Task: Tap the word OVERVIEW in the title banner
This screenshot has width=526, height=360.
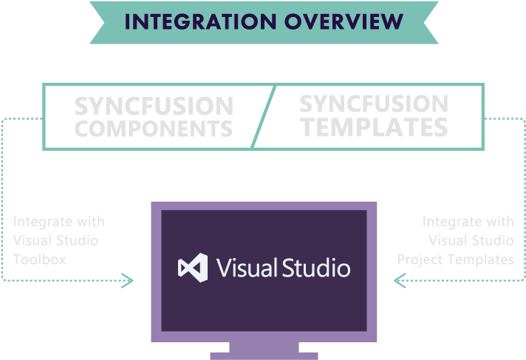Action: click(341, 21)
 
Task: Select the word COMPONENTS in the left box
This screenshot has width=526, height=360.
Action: click(154, 128)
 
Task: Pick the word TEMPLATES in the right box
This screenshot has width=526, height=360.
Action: click(373, 127)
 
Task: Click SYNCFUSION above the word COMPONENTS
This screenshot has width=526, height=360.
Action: click(154, 106)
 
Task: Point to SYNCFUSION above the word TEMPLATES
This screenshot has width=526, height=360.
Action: click(373, 104)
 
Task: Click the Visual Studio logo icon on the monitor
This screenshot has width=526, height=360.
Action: click(193, 267)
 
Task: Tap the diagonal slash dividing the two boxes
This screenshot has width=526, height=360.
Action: click(264, 116)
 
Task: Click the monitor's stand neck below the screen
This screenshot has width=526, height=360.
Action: click(264, 347)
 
